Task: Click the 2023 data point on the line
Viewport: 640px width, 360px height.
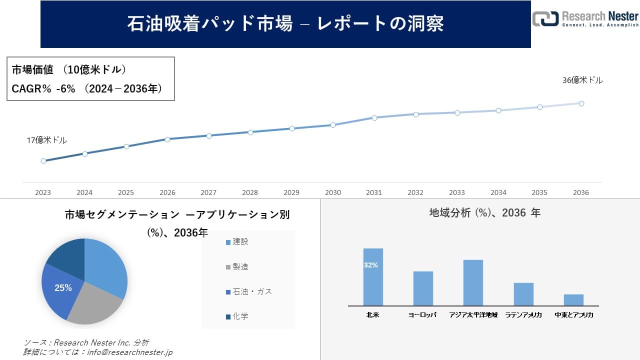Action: (x=43, y=161)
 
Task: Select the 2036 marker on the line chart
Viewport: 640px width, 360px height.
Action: (x=581, y=103)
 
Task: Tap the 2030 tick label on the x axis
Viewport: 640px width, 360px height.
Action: (x=332, y=192)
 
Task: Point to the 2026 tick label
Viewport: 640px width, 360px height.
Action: (x=167, y=192)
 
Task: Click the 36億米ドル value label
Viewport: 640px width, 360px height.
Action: (x=582, y=80)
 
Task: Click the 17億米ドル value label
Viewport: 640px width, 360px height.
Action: (x=46, y=140)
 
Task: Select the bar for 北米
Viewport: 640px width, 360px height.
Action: (x=373, y=277)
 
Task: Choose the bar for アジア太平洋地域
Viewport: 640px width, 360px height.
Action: (x=473, y=282)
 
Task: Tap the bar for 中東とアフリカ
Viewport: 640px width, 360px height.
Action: (x=573, y=300)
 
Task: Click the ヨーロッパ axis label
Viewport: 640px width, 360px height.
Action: (x=422, y=315)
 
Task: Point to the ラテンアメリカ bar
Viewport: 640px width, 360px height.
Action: (x=523, y=294)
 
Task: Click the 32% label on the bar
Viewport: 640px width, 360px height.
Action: (x=371, y=265)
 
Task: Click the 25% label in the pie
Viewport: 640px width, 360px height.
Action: (x=63, y=288)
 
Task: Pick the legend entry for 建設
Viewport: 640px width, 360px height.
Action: (x=240, y=241)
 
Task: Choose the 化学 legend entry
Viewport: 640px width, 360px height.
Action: (x=240, y=316)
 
